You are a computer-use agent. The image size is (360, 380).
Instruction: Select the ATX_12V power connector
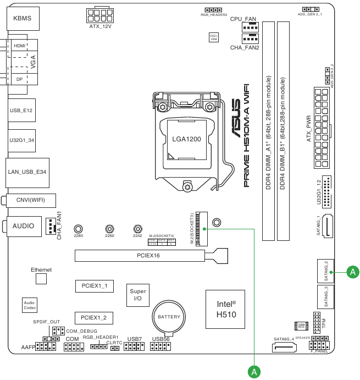point(101,14)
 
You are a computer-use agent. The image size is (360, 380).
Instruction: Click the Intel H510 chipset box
point(225,309)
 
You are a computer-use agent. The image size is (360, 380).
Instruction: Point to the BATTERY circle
point(169,317)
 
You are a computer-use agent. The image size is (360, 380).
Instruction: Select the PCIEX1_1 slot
point(93,286)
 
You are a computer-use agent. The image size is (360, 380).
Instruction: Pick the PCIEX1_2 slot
point(93,318)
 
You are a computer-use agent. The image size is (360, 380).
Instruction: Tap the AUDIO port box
point(24,226)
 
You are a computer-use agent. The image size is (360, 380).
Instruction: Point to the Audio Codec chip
point(29,305)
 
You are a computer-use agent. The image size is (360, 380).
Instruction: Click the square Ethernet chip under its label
point(41,279)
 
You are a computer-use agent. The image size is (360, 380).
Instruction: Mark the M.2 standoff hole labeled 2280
point(79,229)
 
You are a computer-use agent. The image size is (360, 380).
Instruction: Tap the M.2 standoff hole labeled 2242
point(137,228)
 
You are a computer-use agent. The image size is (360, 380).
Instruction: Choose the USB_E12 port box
point(21,111)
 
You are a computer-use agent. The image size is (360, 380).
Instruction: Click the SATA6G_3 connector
point(325,297)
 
